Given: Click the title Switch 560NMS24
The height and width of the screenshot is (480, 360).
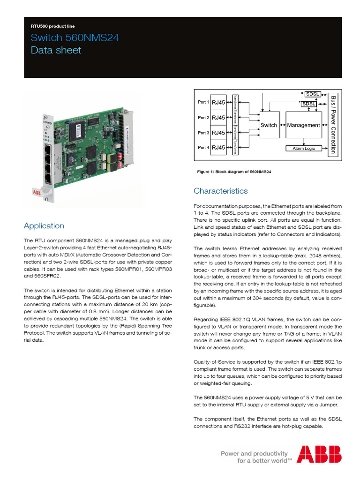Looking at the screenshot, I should click(74, 38).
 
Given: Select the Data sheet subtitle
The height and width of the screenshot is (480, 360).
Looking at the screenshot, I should click(56, 50).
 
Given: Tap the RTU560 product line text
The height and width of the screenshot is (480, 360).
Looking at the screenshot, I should click(52, 26).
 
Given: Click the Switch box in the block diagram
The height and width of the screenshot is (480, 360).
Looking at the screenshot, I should click(269, 125).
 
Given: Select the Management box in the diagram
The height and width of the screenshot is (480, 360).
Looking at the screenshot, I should click(303, 125).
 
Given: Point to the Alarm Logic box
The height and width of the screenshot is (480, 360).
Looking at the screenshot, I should click(304, 148).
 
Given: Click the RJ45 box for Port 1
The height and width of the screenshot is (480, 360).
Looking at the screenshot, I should click(218, 102).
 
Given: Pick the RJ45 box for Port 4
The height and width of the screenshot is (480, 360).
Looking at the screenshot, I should click(218, 148).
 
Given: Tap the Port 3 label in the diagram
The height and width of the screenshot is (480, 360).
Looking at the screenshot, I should click(203, 133).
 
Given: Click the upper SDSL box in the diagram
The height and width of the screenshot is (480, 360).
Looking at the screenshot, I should click(312, 94).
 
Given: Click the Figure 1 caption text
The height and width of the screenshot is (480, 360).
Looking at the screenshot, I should click(234, 172).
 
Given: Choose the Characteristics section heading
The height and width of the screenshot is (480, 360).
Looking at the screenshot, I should click(220, 191).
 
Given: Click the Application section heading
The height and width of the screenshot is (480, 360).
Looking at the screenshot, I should click(44, 225).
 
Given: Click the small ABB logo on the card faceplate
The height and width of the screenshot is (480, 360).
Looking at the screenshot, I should click(37, 192).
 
